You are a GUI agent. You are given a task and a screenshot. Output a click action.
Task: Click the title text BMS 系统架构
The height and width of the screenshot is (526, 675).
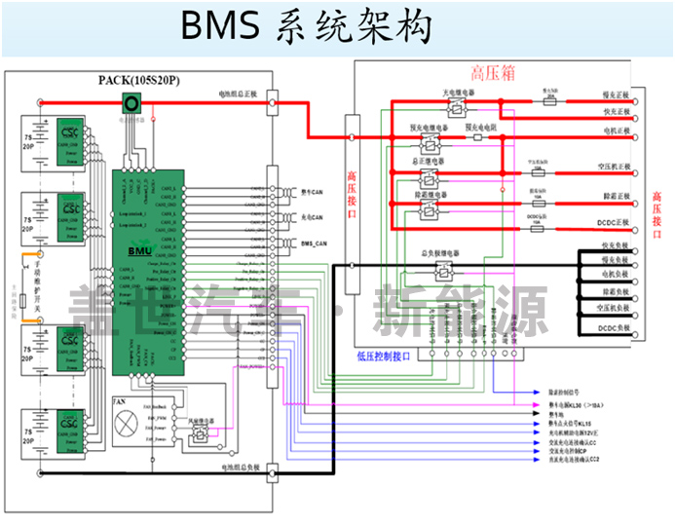(x=306, y=28)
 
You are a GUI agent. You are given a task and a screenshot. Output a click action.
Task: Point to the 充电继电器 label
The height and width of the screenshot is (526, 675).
(x=459, y=91)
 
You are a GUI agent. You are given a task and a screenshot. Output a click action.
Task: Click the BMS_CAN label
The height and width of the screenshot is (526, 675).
(x=314, y=243)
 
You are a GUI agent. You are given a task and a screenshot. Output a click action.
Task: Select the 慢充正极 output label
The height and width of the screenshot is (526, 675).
(x=616, y=95)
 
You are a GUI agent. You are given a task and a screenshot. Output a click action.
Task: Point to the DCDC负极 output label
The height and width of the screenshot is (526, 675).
(x=616, y=325)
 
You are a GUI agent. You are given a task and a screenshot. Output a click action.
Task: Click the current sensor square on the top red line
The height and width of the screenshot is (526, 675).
(x=131, y=102)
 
